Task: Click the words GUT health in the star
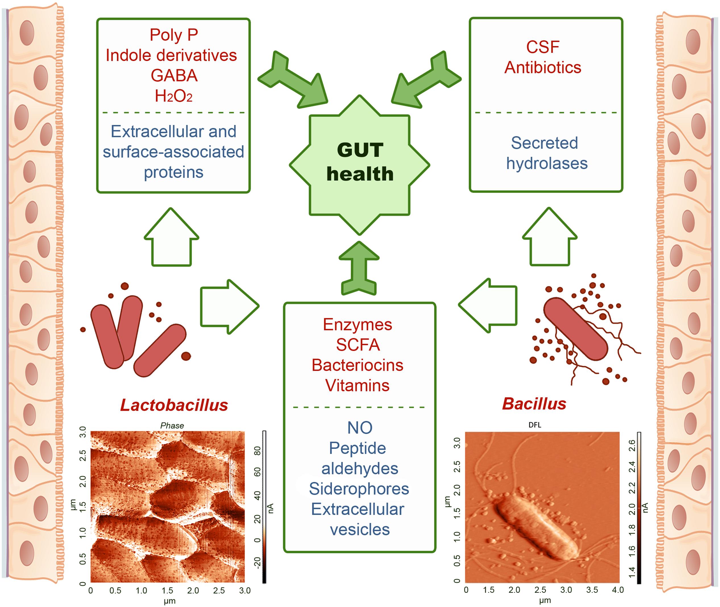click(x=360, y=162)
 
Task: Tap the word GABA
click(x=174, y=76)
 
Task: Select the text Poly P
click(x=174, y=35)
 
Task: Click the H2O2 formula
click(x=174, y=96)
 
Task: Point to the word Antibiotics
click(x=543, y=67)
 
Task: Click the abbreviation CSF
click(x=543, y=47)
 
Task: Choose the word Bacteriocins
click(x=357, y=365)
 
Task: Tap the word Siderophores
click(x=359, y=489)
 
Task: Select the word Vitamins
click(x=357, y=385)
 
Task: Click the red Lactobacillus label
click(x=174, y=405)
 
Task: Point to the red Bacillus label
click(x=534, y=404)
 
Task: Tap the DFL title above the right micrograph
click(x=534, y=425)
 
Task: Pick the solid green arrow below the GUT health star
click(x=359, y=268)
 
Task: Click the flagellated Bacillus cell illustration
click(x=575, y=329)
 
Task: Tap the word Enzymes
click(x=357, y=324)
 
